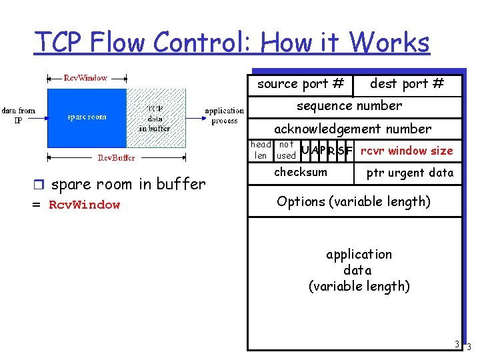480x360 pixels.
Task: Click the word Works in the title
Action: [389, 43]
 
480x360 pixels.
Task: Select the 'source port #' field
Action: [301, 84]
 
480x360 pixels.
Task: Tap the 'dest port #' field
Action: [407, 84]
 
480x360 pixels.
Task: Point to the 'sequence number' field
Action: [349, 106]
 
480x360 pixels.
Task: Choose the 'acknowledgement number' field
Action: [353, 129]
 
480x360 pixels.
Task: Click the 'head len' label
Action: [261, 150]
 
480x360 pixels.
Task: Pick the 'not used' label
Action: [286, 150]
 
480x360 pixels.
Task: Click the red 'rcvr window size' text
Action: [407, 151]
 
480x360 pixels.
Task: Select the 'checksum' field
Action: [301, 172]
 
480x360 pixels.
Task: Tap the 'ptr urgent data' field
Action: [410, 173]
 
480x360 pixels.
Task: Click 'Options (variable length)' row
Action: [353, 201]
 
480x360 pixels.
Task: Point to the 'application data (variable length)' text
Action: [358, 270]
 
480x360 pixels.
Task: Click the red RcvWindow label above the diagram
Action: [85, 78]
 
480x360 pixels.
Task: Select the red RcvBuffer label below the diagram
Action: [117, 158]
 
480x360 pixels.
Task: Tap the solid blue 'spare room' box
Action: [87, 117]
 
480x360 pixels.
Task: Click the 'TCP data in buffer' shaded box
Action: [155, 117]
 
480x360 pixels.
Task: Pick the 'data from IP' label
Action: [19, 115]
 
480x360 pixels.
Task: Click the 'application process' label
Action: [225, 115]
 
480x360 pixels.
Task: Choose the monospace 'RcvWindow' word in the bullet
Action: [85, 205]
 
